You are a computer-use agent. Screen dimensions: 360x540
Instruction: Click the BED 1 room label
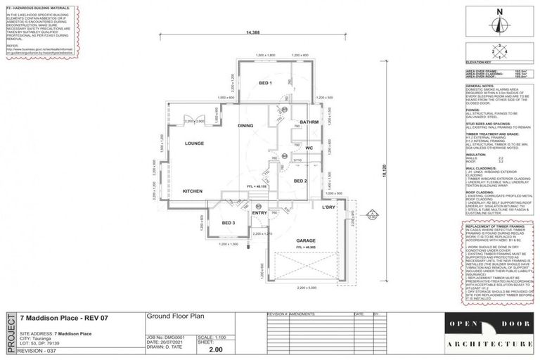265,84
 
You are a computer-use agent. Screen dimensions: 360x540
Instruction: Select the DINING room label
245,126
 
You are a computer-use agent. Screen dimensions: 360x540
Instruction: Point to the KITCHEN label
193,191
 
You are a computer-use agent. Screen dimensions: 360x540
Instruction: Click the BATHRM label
309,122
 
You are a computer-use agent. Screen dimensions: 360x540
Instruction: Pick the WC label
309,148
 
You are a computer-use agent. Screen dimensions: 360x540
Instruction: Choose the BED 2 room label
300,181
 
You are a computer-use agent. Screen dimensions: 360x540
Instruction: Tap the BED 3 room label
228,223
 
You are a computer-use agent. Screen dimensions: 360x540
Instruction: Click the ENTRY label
259,212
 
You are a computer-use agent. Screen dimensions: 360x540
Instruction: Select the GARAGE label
304,240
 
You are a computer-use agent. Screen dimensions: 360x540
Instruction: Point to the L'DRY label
327,207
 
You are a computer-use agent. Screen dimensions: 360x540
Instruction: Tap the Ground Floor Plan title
168,316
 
